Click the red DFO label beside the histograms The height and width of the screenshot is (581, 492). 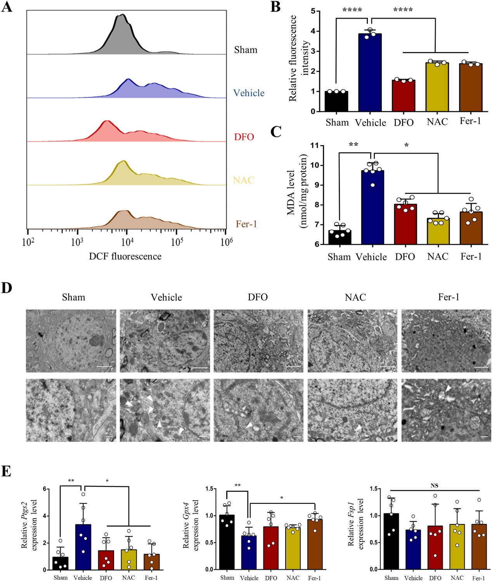click(244, 137)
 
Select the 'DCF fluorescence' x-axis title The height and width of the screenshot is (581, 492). click(125, 256)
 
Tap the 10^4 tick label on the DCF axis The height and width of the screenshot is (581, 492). click(127, 242)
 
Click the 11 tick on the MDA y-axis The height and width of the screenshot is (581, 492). click(314, 146)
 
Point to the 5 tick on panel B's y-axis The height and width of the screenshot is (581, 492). click(313, 11)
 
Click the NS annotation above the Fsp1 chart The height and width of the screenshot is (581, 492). click(434, 486)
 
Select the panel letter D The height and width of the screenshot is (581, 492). click(7, 288)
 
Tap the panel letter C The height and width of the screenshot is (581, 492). click(276, 132)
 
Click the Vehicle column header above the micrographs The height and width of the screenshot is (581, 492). click(166, 297)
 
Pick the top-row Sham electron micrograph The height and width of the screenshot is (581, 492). click(71, 341)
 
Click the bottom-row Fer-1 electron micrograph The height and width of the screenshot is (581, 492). click(446, 410)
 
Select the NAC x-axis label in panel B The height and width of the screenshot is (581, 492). click(437, 122)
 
